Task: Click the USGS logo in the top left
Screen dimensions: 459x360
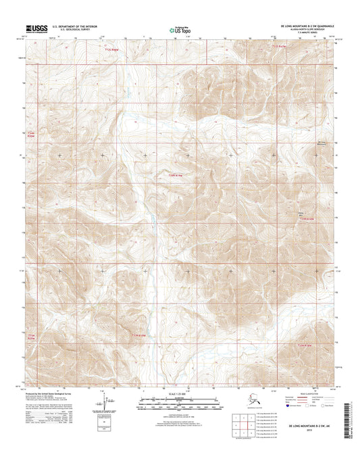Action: (x=34, y=30)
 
